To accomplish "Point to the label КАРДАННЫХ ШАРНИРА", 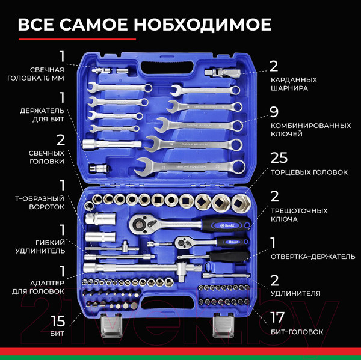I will point(293,83).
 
